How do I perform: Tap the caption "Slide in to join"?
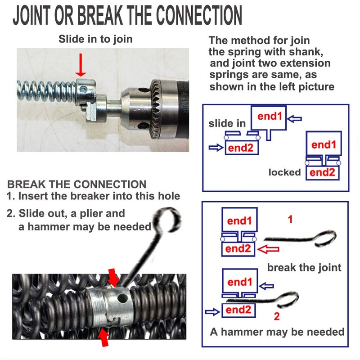coord(95,39)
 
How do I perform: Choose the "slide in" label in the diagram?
coord(227,123)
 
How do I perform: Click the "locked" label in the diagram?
coord(284,172)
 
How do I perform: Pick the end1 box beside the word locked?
coord(324,145)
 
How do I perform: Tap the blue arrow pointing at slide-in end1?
coord(295,119)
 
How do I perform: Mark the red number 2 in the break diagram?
coord(276,316)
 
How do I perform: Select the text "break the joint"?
coord(304,268)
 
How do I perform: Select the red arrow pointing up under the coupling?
coord(104,337)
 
